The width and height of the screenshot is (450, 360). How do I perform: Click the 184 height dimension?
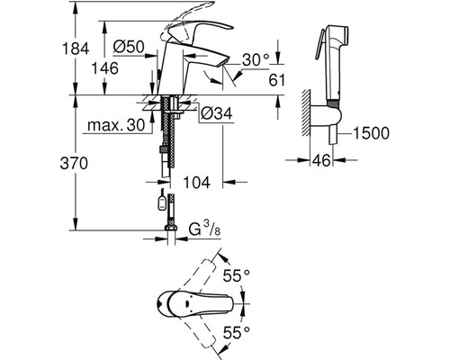point(76,49)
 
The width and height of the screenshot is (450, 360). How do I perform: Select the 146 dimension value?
point(104,68)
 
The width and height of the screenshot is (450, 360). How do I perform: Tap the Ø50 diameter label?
point(129,47)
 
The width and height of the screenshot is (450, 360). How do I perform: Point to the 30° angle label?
point(256,59)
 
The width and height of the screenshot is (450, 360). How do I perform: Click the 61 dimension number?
point(276,80)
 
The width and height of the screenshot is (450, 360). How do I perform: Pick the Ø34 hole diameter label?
point(217,113)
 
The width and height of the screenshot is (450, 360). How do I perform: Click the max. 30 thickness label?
point(116,125)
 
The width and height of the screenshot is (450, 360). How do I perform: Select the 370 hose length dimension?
point(74,164)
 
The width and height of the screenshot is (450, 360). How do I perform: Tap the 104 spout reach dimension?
point(197,182)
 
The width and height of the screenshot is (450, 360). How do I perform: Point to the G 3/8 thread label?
point(204,229)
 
